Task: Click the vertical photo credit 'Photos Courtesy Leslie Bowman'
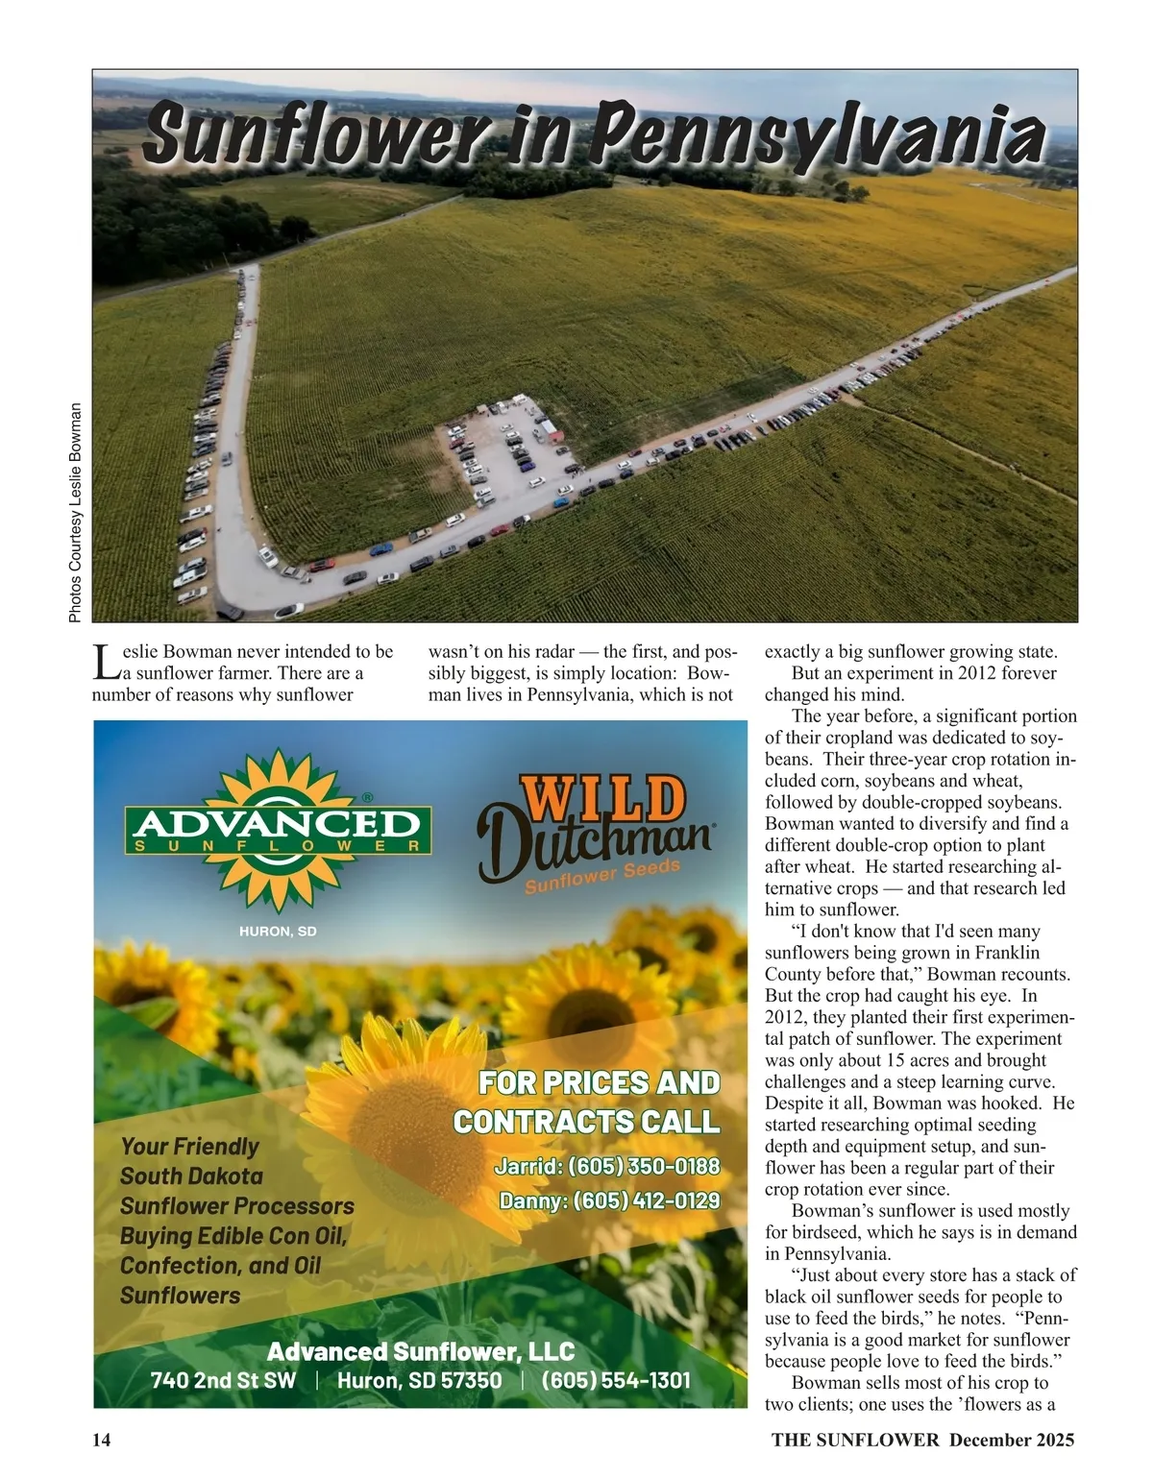(x=76, y=512)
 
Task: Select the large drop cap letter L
(x=106, y=662)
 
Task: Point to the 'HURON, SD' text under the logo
(x=278, y=932)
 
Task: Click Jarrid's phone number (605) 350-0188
(x=643, y=1167)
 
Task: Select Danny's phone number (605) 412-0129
(x=646, y=1200)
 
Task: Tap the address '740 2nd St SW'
(x=223, y=1380)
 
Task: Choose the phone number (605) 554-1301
(x=616, y=1380)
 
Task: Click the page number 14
(x=102, y=1440)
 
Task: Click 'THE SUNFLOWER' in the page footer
(x=854, y=1440)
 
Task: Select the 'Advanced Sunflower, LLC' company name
(x=420, y=1351)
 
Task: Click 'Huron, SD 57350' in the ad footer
(x=419, y=1380)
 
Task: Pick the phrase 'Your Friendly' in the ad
(x=190, y=1147)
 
